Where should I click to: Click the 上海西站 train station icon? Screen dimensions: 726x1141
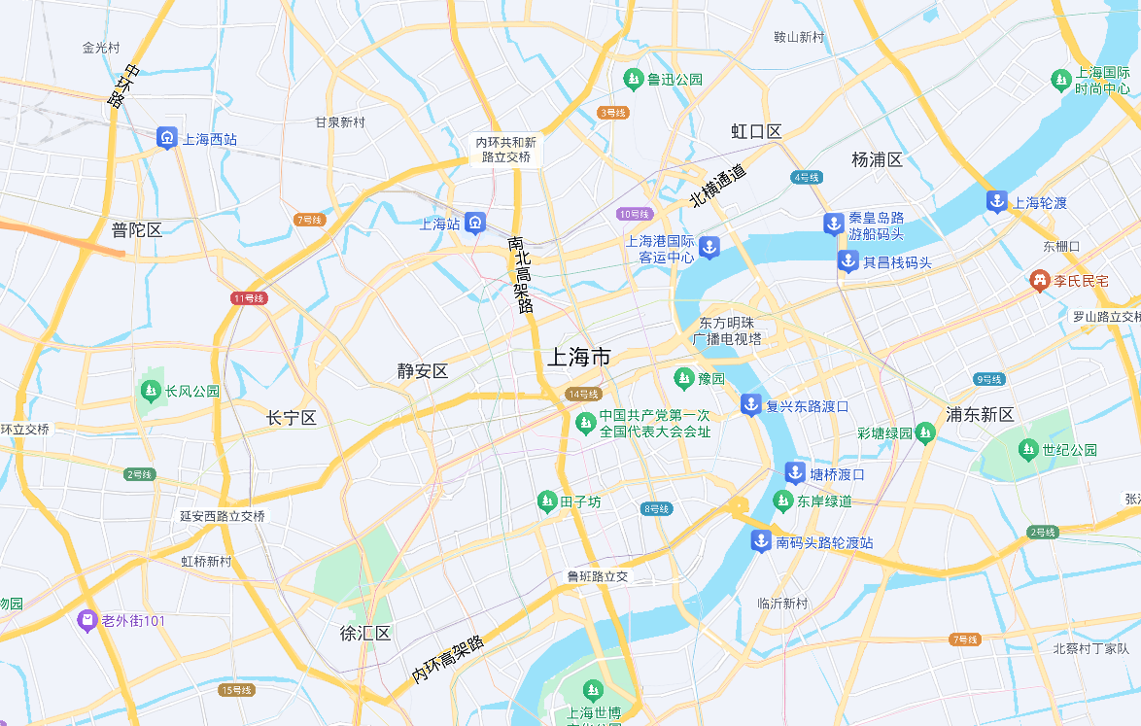pyautogui.click(x=167, y=138)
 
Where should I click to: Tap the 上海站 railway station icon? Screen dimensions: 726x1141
pyautogui.click(x=474, y=224)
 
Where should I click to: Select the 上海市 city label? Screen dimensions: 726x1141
pyautogui.click(x=578, y=357)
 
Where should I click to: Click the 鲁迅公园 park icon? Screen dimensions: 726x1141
pyautogui.click(x=634, y=79)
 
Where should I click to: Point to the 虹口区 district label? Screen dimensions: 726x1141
pyautogui.click(x=756, y=131)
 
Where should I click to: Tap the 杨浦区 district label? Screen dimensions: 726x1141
pyautogui.click(x=877, y=159)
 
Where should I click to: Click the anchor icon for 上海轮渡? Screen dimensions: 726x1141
pyautogui.click(x=996, y=202)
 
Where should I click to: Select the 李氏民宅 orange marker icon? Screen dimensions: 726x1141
pyautogui.click(x=1040, y=280)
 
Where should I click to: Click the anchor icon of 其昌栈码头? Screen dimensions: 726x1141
pyautogui.click(x=848, y=261)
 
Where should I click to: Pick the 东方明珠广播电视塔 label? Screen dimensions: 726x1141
pyautogui.click(x=727, y=330)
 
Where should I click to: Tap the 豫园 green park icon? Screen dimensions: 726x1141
pyautogui.click(x=684, y=377)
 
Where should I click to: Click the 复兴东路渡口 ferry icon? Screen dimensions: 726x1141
pyautogui.click(x=751, y=405)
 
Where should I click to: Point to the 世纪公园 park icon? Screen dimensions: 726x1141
pyautogui.click(x=1028, y=449)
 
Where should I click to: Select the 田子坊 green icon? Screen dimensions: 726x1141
pyautogui.click(x=547, y=501)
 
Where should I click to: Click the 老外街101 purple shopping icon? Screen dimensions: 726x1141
pyautogui.click(x=87, y=620)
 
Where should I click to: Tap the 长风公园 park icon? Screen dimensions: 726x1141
pyautogui.click(x=150, y=391)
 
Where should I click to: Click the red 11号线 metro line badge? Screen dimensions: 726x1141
pyautogui.click(x=249, y=297)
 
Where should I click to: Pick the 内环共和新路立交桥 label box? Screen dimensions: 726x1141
pyautogui.click(x=504, y=149)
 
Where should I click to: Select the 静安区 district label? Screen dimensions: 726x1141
pyautogui.click(x=422, y=371)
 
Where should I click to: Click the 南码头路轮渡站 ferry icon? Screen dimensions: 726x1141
pyautogui.click(x=761, y=541)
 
